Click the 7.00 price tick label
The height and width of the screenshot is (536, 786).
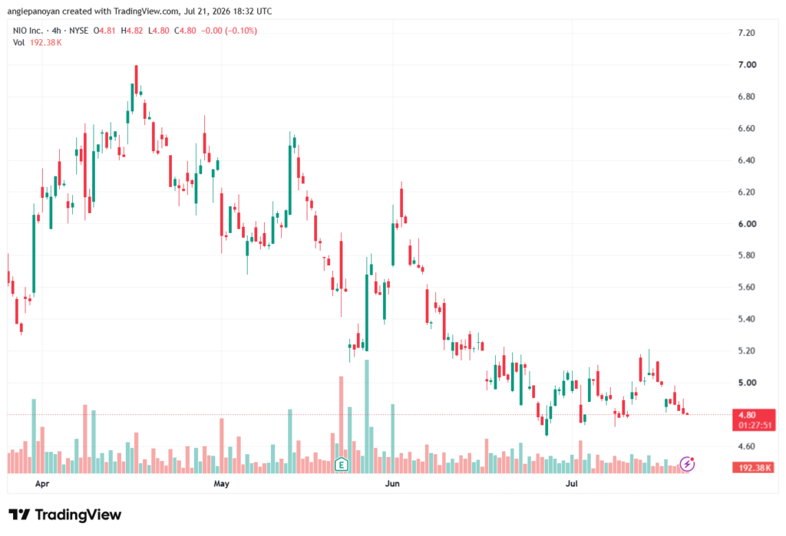747,64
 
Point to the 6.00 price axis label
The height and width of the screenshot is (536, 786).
747,224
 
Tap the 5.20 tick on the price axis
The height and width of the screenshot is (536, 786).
747,350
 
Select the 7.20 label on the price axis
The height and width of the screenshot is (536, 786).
747,33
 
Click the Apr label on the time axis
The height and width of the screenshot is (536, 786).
42,483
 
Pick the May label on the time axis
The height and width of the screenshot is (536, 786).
221,483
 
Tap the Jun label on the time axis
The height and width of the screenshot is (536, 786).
392,483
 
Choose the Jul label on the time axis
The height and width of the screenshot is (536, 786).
571,483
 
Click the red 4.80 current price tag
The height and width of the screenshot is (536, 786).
747,415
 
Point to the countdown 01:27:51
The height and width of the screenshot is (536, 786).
755,426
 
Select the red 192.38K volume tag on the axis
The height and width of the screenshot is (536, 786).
754,468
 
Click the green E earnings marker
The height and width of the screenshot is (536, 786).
342,465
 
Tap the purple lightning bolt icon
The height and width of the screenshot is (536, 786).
687,464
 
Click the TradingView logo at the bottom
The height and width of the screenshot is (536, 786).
65,515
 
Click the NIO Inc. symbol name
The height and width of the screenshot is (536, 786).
28,31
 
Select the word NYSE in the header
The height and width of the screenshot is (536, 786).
79,31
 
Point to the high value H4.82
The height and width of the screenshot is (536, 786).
132,31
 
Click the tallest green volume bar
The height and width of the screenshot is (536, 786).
366,416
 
